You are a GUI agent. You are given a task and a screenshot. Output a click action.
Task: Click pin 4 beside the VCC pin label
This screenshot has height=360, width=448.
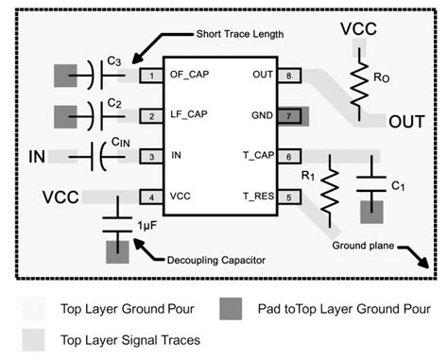pos(147,197)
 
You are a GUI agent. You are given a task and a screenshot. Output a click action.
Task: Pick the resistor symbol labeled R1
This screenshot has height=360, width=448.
pos(329,189)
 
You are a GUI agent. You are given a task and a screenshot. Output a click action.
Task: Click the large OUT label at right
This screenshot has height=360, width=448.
pos(406,122)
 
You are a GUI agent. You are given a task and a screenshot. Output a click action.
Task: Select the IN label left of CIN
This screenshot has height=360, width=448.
pos(39,155)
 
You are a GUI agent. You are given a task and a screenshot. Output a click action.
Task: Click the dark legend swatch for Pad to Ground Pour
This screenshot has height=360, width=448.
pos(231,310)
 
